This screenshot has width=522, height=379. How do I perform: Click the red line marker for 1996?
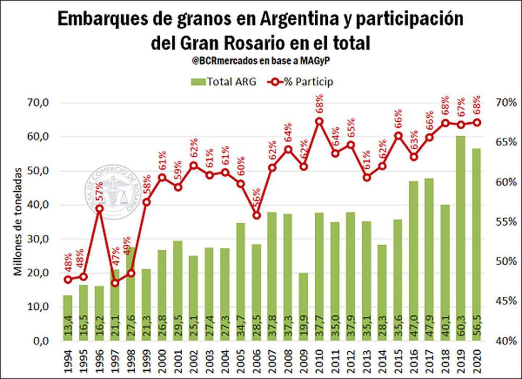[x=100, y=209]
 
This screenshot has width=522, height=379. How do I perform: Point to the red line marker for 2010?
[x=319, y=121]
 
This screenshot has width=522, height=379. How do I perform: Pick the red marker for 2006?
[x=256, y=215]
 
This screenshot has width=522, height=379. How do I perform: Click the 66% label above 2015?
[x=398, y=119]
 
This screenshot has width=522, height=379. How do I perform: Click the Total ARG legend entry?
[x=225, y=82]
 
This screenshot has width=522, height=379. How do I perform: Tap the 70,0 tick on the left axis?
[x=37, y=102]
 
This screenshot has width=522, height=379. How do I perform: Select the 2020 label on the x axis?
[x=476, y=361]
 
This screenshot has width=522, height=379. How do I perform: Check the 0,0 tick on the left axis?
[x=40, y=341]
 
